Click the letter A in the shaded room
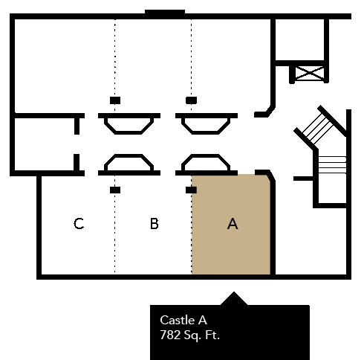pyautogui.click(x=233, y=224)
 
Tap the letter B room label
pyautogui.click(x=155, y=224)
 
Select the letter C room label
pyautogui.click(x=79, y=224)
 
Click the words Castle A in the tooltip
pyautogui.click(x=183, y=320)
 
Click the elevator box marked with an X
pyautogui.click(x=310, y=73)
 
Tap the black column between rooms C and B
pyautogui.click(x=115, y=190)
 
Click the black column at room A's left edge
pyautogui.click(x=191, y=190)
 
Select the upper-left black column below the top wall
pyautogui.click(x=115, y=100)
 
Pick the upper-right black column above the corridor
pyautogui.click(x=191, y=100)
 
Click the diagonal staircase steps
pyautogui.click(x=318, y=129)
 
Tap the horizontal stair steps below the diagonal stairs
pyautogui.click(x=332, y=165)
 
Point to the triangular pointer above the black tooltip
pyautogui.click(x=234, y=298)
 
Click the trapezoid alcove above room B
pyautogui.click(x=129, y=162)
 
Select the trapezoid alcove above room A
pyautogui.click(x=206, y=162)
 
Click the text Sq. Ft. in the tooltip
pyautogui.click(x=202, y=335)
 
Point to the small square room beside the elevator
pyautogui.click(x=299, y=39)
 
